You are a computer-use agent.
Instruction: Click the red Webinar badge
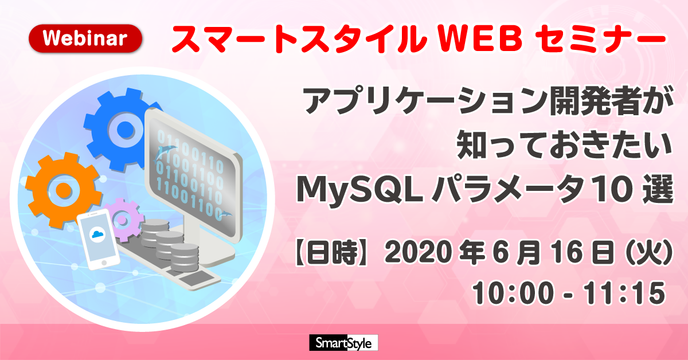point(85,38)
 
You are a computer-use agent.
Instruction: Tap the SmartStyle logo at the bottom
point(343,342)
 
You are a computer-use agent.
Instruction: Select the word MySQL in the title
point(359,190)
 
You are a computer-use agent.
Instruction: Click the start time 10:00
point(513,294)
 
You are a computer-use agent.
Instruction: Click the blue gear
point(120,129)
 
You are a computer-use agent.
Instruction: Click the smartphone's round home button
point(104,263)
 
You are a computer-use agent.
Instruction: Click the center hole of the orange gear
point(64,190)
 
